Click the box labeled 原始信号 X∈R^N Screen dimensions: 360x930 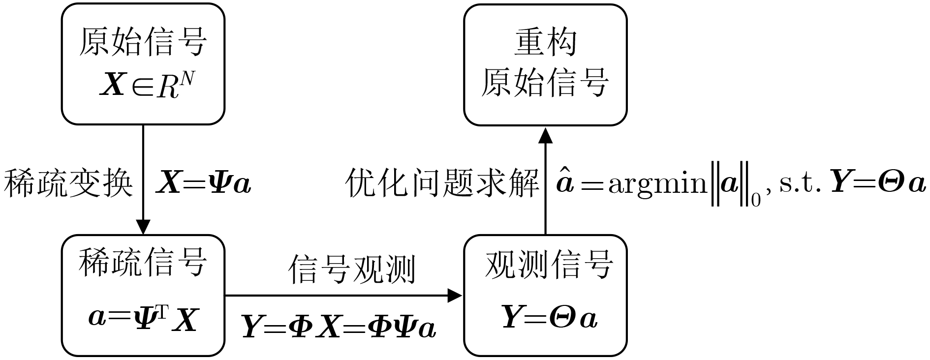(143, 64)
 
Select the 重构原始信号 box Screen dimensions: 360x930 (545, 65)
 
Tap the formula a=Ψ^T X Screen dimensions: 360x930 (143, 320)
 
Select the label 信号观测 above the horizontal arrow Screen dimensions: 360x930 (351, 269)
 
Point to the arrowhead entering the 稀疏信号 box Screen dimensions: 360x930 (143, 227)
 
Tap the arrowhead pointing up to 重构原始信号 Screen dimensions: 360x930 (545, 135)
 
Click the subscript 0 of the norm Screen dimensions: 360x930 (756, 200)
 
